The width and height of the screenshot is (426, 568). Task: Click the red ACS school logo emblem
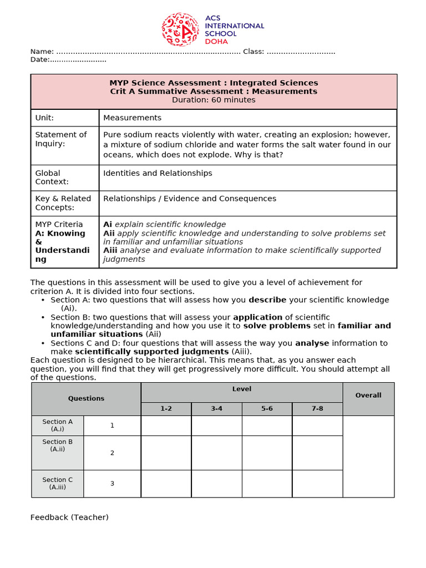click(180, 29)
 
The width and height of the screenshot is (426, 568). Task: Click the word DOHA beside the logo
click(216, 42)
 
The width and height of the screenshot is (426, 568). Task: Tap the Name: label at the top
click(42, 52)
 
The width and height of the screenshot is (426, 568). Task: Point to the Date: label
click(40, 59)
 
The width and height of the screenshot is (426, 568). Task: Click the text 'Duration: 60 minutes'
click(214, 100)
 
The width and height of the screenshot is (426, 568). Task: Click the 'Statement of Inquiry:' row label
click(61, 139)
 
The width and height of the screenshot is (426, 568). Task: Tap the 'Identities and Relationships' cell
click(158, 173)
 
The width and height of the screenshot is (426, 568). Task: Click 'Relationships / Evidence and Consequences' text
click(190, 199)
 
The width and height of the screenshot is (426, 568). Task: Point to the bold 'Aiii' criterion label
click(110, 250)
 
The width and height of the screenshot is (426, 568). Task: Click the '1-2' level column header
click(166, 408)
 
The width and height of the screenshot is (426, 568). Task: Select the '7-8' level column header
click(317, 408)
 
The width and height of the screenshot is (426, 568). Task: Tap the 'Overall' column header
click(368, 395)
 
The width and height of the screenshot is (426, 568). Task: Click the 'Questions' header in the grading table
click(86, 398)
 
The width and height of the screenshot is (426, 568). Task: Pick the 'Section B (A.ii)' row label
click(58, 445)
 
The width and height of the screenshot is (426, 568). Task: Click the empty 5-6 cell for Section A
click(267, 425)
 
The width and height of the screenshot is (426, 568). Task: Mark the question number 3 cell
click(112, 483)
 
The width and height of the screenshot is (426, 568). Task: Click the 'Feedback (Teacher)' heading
click(69, 518)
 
